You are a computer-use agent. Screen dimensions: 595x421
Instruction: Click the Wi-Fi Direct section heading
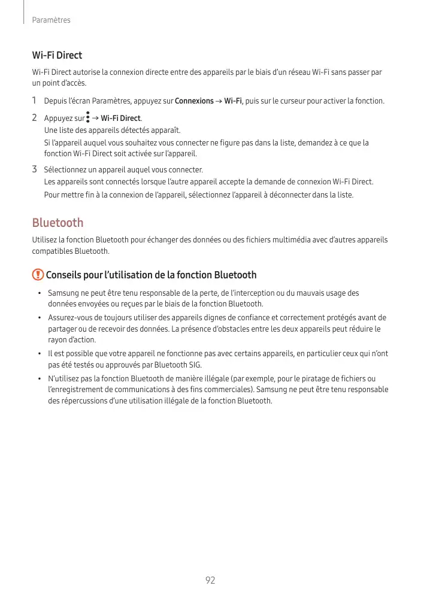57,55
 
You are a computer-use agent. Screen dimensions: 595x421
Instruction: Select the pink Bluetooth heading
57,223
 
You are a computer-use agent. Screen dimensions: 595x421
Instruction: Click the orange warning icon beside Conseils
38,275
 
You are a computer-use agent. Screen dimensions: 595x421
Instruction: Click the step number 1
35,101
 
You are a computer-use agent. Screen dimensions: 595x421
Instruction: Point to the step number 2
35,118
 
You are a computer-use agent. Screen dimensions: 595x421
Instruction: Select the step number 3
35,169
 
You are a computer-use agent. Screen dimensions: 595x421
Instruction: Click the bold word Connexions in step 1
194,101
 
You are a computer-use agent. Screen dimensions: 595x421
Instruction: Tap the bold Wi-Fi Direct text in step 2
121,118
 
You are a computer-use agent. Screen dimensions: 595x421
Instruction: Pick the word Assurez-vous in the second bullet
69,317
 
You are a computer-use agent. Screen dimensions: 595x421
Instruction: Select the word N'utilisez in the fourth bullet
65,378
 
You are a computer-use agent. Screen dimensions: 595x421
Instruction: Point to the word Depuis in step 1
56,101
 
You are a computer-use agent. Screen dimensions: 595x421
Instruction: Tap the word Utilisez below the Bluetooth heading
45,240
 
